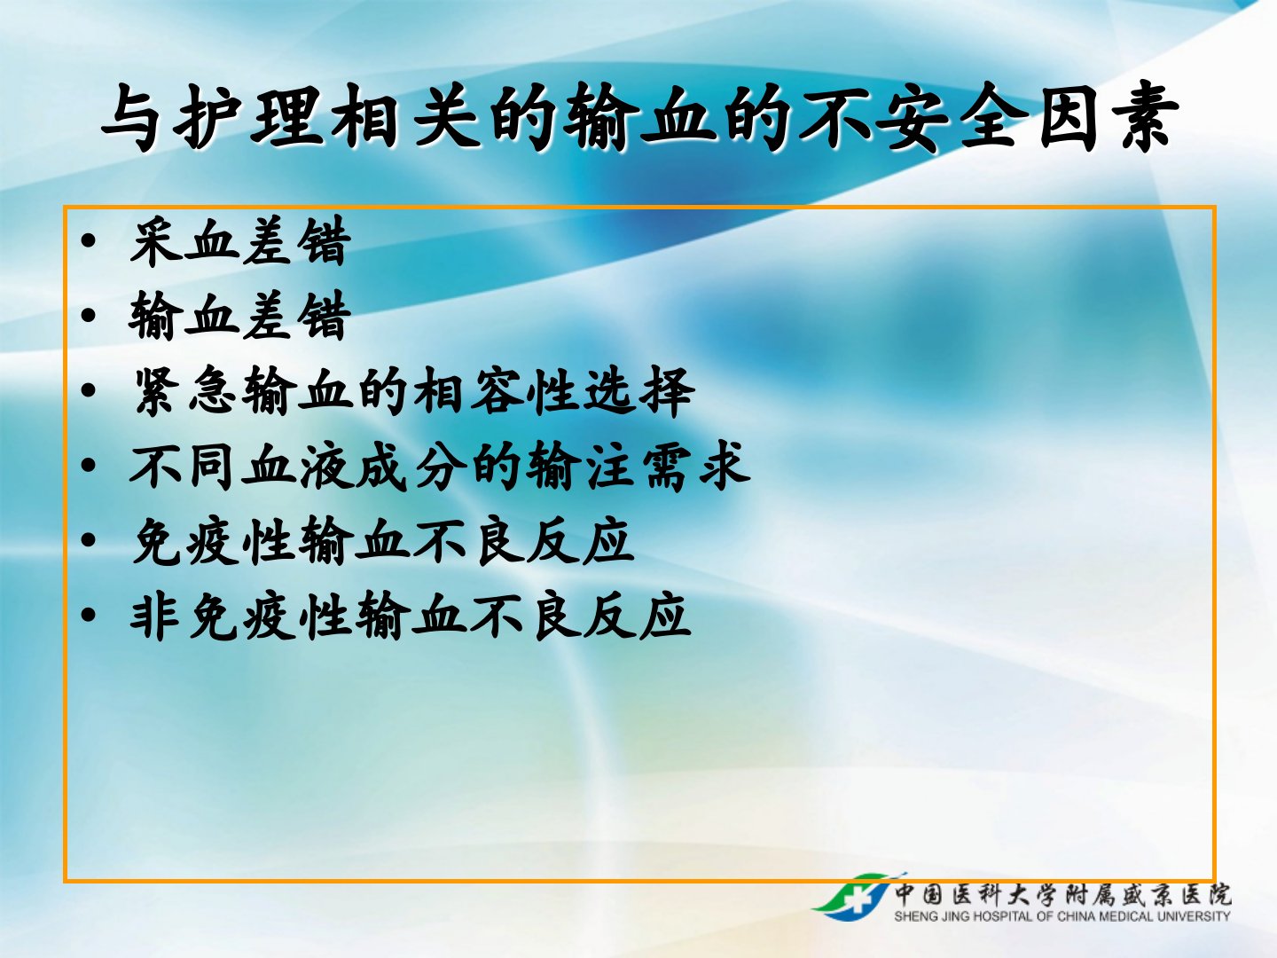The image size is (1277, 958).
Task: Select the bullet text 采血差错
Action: pyautogui.click(x=240, y=240)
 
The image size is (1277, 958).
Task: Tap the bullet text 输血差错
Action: pyautogui.click(x=240, y=315)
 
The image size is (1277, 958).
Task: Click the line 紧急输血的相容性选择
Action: pyautogui.click(x=413, y=391)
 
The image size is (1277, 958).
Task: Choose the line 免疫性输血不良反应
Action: pyautogui.click(x=383, y=540)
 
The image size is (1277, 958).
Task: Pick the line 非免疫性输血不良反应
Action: pyautogui.click(x=411, y=616)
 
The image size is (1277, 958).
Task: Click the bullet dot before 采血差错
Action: pyautogui.click(x=88, y=240)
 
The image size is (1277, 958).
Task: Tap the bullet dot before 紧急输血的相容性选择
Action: pyautogui.click(x=88, y=390)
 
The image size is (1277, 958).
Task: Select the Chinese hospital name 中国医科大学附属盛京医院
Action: pyautogui.click(x=1062, y=895)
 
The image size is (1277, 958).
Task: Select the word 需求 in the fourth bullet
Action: pyautogui.click(x=696, y=466)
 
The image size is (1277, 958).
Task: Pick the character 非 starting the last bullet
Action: pyautogui.click(x=155, y=616)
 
